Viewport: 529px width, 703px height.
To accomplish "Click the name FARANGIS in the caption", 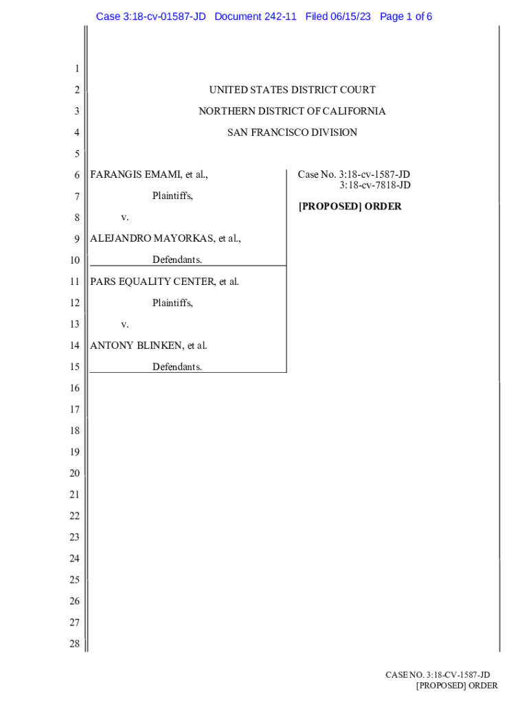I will tap(114, 174).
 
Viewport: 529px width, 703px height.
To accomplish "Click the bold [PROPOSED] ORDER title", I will tap(350, 207).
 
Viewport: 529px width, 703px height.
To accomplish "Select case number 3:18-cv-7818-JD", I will tap(374, 185).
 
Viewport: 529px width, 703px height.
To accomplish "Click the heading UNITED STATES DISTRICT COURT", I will tap(292, 90).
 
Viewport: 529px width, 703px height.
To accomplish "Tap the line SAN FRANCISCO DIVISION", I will tap(292, 132).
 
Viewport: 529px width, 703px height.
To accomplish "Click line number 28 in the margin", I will tap(74, 644).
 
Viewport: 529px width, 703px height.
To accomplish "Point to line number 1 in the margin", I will tap(77, 69).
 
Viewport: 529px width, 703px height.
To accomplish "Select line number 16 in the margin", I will tap(74, 388).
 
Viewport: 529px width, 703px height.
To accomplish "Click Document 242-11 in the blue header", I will tap(255, 16).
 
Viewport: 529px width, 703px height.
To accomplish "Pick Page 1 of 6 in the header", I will tap(405, 16).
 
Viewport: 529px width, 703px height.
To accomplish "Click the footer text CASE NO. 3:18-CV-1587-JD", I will tap(438, 676).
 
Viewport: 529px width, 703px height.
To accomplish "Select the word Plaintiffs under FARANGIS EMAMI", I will tap(172, 196).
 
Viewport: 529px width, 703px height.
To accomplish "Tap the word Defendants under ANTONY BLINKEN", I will tap(177, 367).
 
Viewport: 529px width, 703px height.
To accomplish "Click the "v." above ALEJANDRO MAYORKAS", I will tap(125, 218).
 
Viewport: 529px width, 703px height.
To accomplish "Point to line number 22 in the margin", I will tap(74, 516).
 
